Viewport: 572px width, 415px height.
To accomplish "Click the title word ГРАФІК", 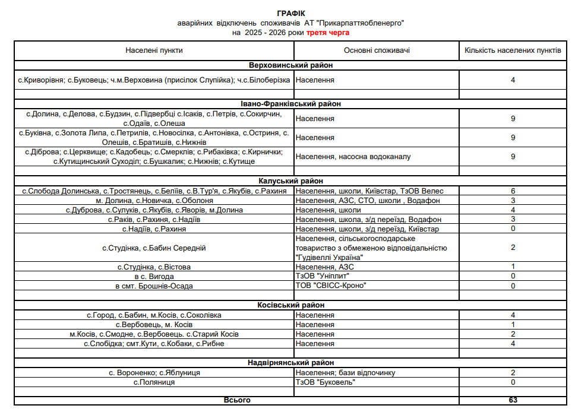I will pyautogui.click(x=291, y=13).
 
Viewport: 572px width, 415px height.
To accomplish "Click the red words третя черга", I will pyautogui.click(x=328, y=32).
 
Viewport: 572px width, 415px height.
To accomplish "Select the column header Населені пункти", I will pyautogui.click(x=154, y=50).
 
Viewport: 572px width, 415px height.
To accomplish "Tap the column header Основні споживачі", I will pyautogui.click(x=377, y=50).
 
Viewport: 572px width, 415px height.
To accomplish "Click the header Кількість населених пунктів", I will pyautogui.click(x=513, y=50).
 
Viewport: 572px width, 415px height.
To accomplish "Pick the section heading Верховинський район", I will pyautogui.click(x=291, y=65).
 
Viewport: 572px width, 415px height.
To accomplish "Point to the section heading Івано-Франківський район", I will pyautogui.click(x=291, y=104).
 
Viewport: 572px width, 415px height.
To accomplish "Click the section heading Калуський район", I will pyautogui.click(x=291, y=181).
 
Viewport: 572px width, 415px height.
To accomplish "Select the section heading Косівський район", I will pyautogui.click(x=291, y=305).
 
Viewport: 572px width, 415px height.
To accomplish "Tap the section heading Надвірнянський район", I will pyautogui.click(x=291, y=362).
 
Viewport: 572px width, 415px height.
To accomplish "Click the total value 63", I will pyautogui.click(x=513, y=400).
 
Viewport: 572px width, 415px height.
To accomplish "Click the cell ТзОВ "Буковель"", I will pyautogui.click(x=325, y=382).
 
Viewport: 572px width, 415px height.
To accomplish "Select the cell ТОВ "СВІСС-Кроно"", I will pyautogui.click(x=330, y=286).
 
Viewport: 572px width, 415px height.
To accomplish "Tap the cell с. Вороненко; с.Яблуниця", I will pyautogui.click(x=154, y=372).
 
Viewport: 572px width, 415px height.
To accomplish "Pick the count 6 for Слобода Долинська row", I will pyautogui.click(x=513, y=191).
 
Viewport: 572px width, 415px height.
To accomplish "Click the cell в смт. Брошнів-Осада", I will pyautogui.click(x=154, y=286).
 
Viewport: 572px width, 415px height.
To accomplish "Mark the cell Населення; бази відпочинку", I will pyautogui.click(x=345, y=372).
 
